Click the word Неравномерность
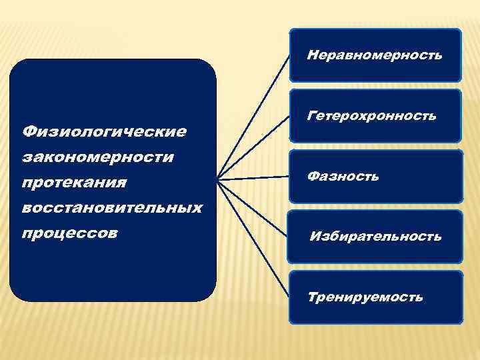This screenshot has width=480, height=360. [374, 55]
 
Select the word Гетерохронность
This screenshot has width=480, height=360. [372, 116]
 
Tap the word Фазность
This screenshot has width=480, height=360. [343, 176]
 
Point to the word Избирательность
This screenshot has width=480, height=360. [375, 236]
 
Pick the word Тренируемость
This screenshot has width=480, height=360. [365, 297]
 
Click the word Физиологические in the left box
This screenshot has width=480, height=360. [104, 131]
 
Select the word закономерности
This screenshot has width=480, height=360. [98, 157]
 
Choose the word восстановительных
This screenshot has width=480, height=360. [112, 207]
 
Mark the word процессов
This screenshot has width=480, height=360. [70, 233]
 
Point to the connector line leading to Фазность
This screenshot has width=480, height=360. [253, 178]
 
